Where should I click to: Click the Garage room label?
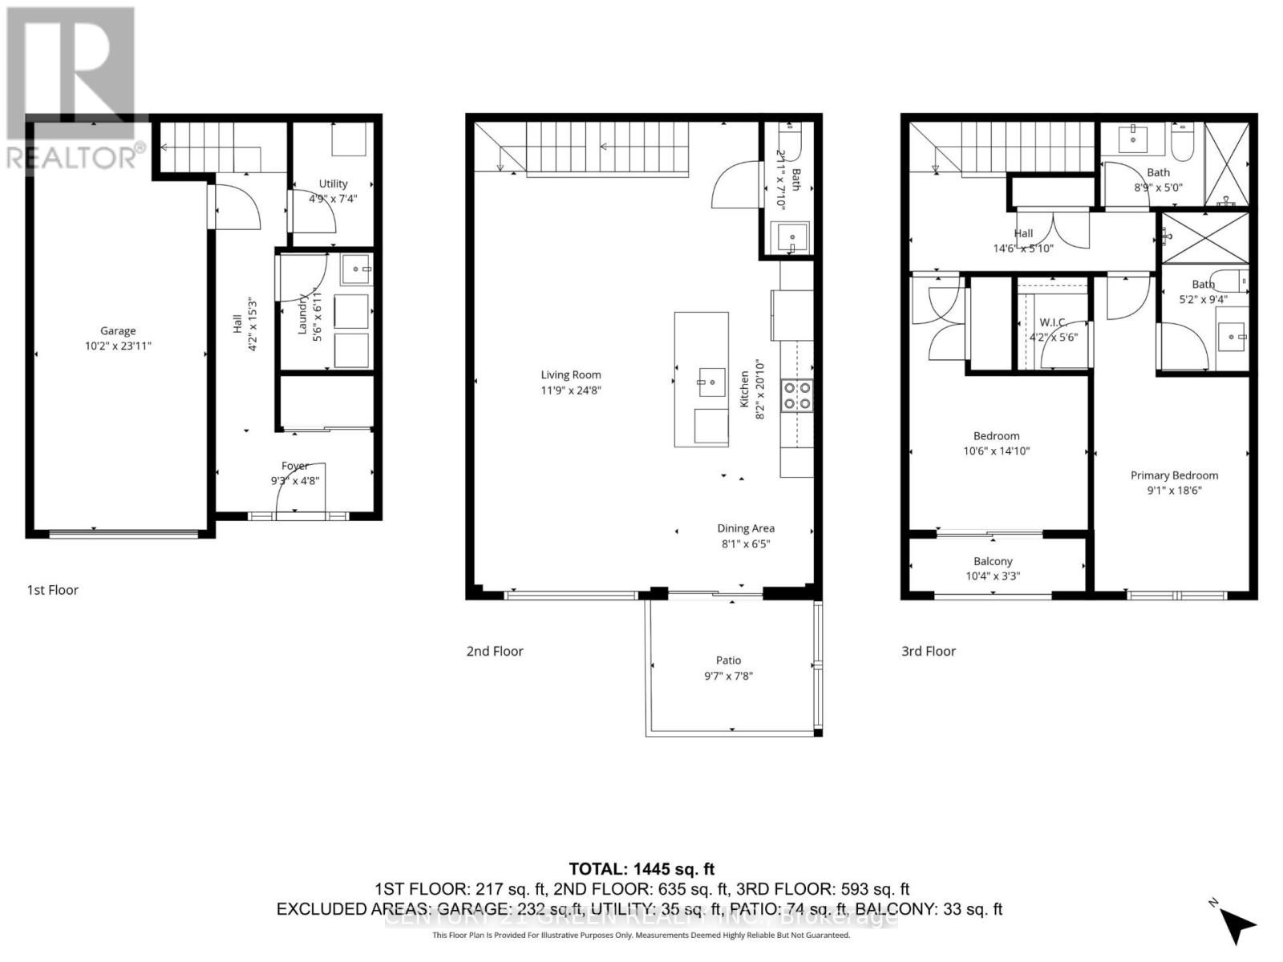tap(118, 330)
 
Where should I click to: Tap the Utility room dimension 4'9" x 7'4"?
tap(333, 199)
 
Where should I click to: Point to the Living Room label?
tap(570, 374)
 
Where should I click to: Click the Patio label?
tap(728, 660)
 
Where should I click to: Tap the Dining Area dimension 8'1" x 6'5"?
tap(745, 544)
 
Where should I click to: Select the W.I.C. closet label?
tap(1053, 322)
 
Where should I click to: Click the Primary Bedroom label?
tap(1174, 475)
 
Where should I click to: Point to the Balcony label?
tap(993, 561)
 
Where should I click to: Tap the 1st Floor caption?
tap(53, 590)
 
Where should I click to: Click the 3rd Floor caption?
tap(929, 651)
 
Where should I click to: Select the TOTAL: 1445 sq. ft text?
tap(641, 869)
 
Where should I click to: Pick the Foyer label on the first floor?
tap(295, 466)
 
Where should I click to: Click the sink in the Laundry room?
tap(356, 269)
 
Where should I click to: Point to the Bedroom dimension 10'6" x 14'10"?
tap(996, 451)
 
